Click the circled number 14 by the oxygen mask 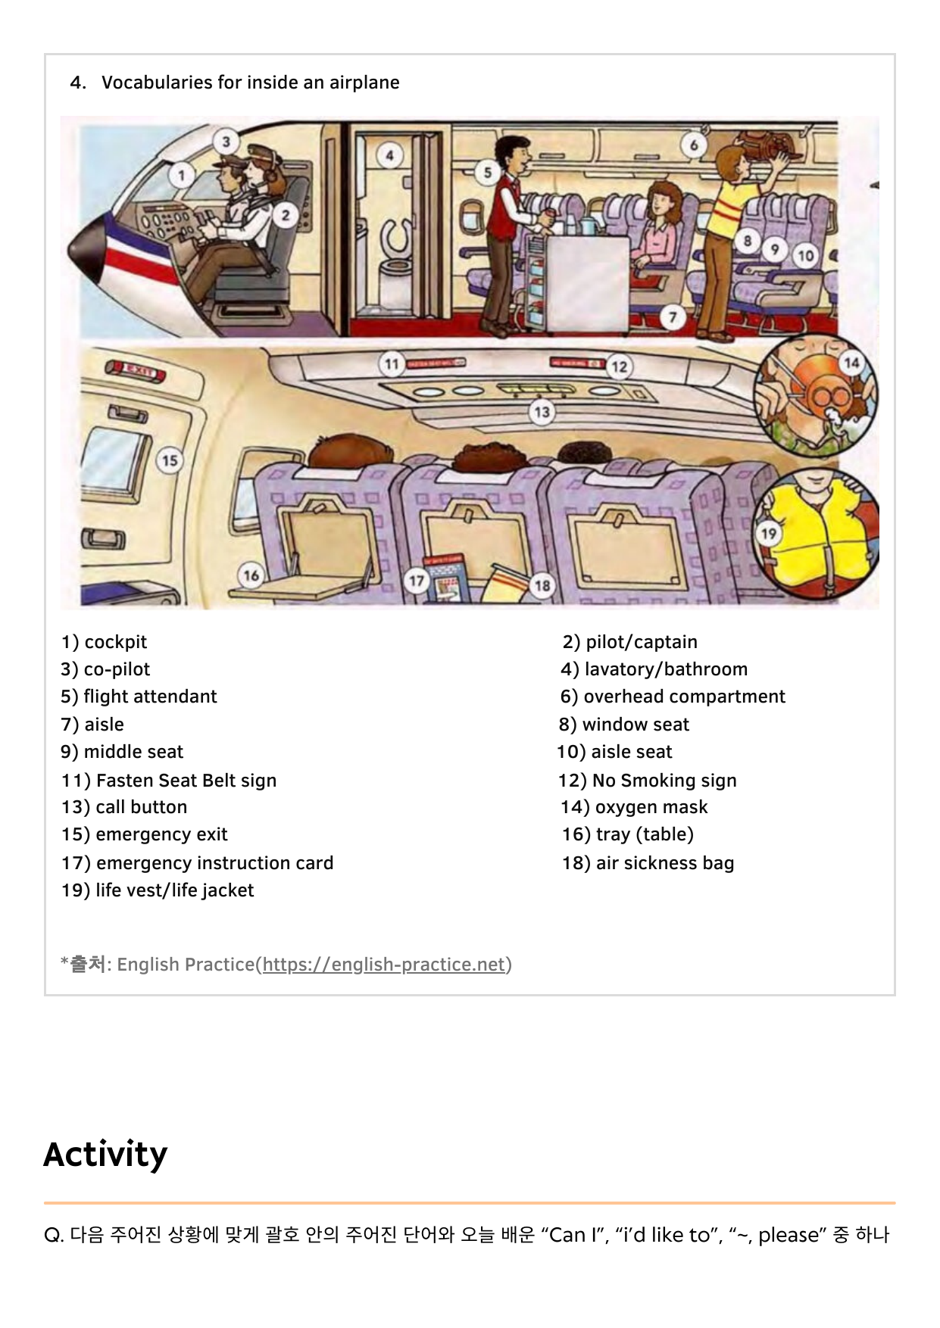tap(851, 363)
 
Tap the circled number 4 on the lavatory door tap(389, 156)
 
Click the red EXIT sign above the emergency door tap(137, 371)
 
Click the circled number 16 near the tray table tap(251, 575)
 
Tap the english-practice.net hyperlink tap(383, 965)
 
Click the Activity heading tap(105, 1155)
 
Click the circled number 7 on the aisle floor tap(673, 317)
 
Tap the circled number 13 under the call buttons tap(542, 413)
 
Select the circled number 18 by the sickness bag tap(542, 585)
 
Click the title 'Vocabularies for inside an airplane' tap(250, 83)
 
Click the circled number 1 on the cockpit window tap(181, 176)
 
